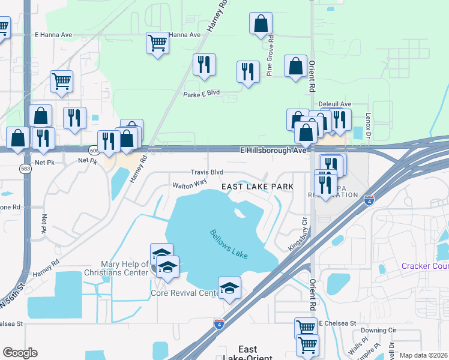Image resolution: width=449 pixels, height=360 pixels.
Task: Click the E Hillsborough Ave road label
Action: (273, 150)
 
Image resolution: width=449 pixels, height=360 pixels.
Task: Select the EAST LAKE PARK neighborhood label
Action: (258, 187)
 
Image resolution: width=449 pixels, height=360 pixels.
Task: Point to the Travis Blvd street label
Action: (207, 172)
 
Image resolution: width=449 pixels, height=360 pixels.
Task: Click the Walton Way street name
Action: (190, 182)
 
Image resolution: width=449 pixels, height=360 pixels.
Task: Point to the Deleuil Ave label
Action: (334, 104)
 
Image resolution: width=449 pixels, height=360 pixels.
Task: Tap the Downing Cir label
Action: (378, 330)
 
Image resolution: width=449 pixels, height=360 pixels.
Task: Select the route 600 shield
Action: (94, 150)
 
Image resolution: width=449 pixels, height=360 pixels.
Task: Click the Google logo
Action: (20, 353)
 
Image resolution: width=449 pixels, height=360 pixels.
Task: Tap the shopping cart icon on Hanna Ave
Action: (157, 43)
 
